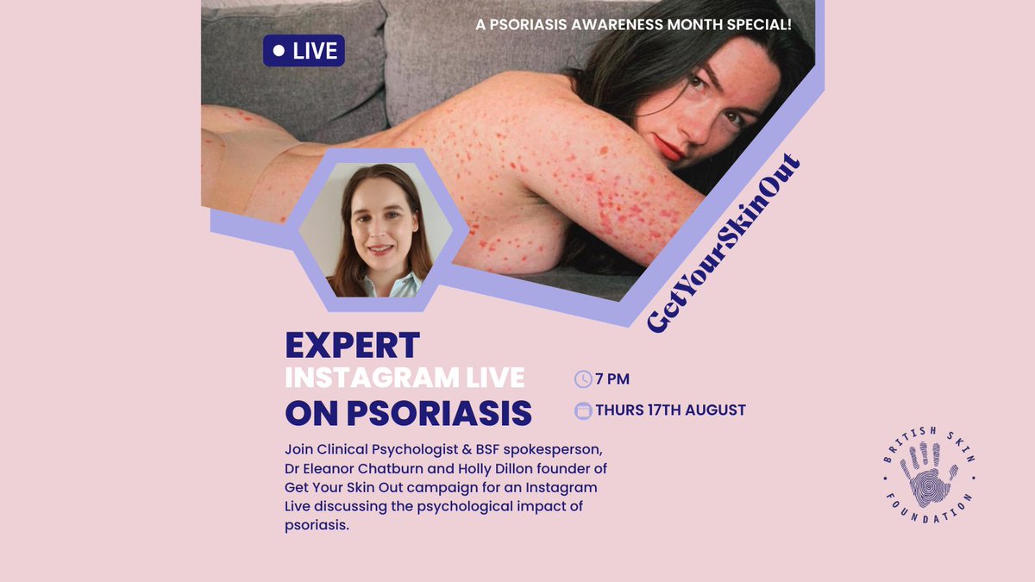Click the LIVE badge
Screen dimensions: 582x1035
point(304,51)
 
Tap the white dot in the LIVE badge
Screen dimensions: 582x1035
point(278,51)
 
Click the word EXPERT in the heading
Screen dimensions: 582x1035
point(352,345)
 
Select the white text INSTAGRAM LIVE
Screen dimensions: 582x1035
point(405,378)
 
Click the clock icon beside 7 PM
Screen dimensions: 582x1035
point(583,379)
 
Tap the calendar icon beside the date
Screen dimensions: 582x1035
point(583,410)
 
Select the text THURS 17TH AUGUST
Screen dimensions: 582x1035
point(670,410)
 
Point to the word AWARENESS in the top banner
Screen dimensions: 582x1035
point(596,24)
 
